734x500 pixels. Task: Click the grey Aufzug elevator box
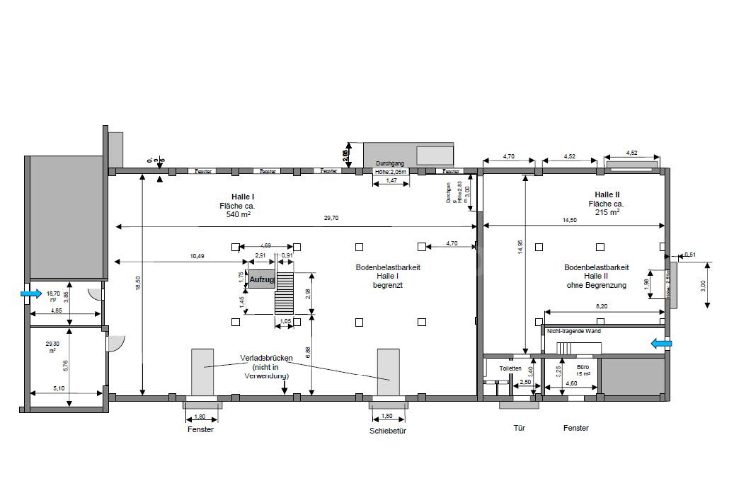[262, 280]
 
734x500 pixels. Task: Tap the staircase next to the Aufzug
[284, 293]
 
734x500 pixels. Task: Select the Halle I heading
[243, 196]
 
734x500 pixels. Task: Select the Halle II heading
[607, 194]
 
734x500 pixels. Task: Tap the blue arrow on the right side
[662, 344]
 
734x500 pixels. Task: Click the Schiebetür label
[387, 430]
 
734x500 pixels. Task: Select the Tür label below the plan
[519, 428]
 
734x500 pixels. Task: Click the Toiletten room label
[510, 368]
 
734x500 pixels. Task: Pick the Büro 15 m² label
[583, 371]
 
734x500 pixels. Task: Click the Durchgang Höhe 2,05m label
[390, 167]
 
